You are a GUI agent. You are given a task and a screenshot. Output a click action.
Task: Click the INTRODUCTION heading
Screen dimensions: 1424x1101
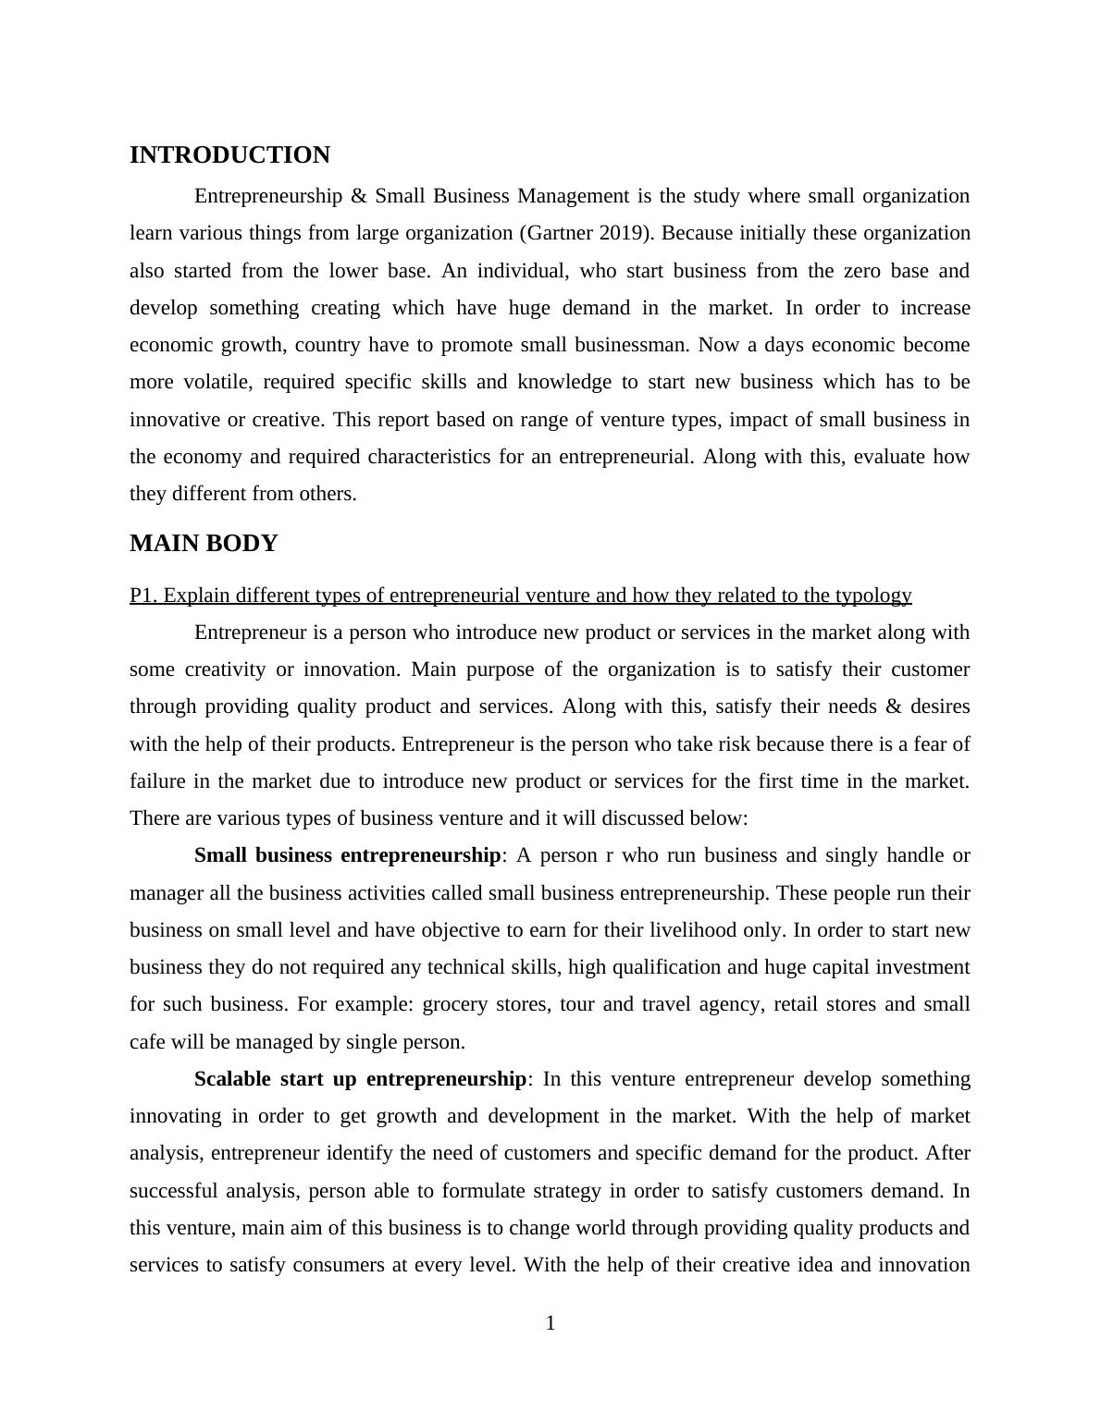(x=229, y=155)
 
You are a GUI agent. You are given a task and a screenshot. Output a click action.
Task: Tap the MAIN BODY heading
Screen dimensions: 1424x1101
(x=204, y=544)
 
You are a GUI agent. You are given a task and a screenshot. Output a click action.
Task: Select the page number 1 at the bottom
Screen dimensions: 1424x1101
(x=550, y=1323)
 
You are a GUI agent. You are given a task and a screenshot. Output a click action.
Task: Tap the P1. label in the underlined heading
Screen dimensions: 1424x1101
(x=143, y=595)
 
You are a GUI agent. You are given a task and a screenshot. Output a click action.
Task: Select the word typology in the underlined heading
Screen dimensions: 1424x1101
(x=873, y=595)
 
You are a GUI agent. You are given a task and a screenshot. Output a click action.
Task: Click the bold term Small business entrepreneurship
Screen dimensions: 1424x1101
(x=347, y=855)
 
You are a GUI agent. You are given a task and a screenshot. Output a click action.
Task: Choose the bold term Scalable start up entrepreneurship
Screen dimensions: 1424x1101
(x=360, y=1079)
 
